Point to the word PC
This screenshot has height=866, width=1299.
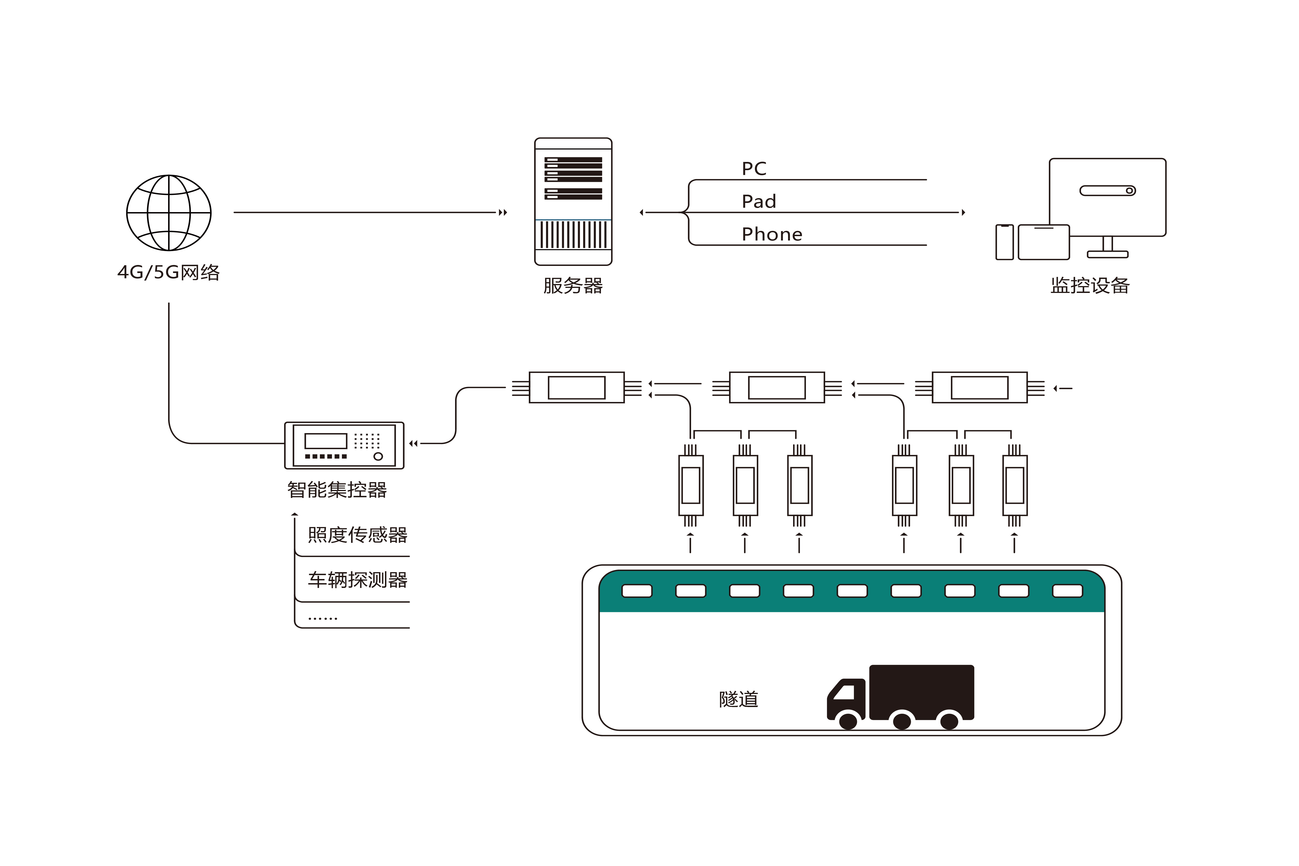[x=754, y=168]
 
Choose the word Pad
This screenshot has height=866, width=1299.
[x=759, y=202]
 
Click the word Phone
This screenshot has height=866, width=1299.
[x=772, y=234]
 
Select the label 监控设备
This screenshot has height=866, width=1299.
[x=1090, y=286]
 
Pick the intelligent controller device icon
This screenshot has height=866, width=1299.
[x=344, y=445]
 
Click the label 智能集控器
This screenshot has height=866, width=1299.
[x=337, y=489]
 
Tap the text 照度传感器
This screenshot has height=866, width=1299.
[x=357, y=535]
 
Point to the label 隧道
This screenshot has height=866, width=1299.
[x=738, y=699]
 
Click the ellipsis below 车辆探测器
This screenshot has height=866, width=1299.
[x=322, y=619]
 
